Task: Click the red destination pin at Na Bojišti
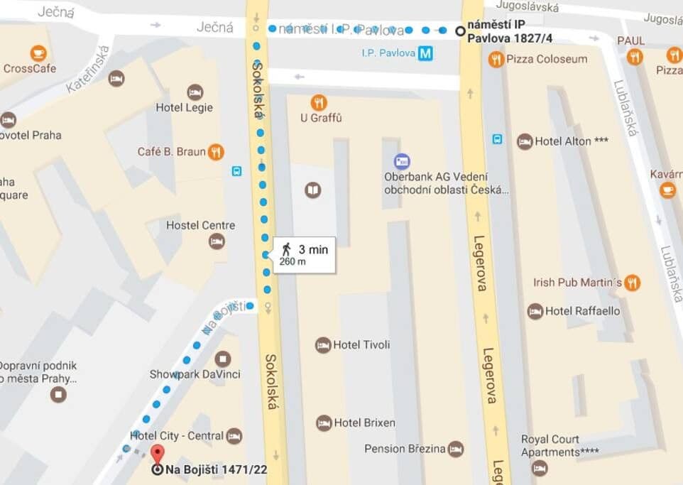157,453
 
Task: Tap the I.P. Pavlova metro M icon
425,53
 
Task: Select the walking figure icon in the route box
286,249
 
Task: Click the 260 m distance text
293,262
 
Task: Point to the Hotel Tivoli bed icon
323,345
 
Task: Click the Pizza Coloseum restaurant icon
496,60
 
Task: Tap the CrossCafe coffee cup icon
38,53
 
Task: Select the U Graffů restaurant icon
319,102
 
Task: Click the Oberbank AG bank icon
402,161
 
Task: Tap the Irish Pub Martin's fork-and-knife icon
632,283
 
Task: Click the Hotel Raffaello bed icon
535,311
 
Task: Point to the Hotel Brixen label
364,423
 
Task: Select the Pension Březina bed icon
455,449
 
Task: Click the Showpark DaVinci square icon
223,359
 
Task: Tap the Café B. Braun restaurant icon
217,152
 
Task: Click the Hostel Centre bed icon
217,241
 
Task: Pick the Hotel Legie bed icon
195,92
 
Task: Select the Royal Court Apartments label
559,445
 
